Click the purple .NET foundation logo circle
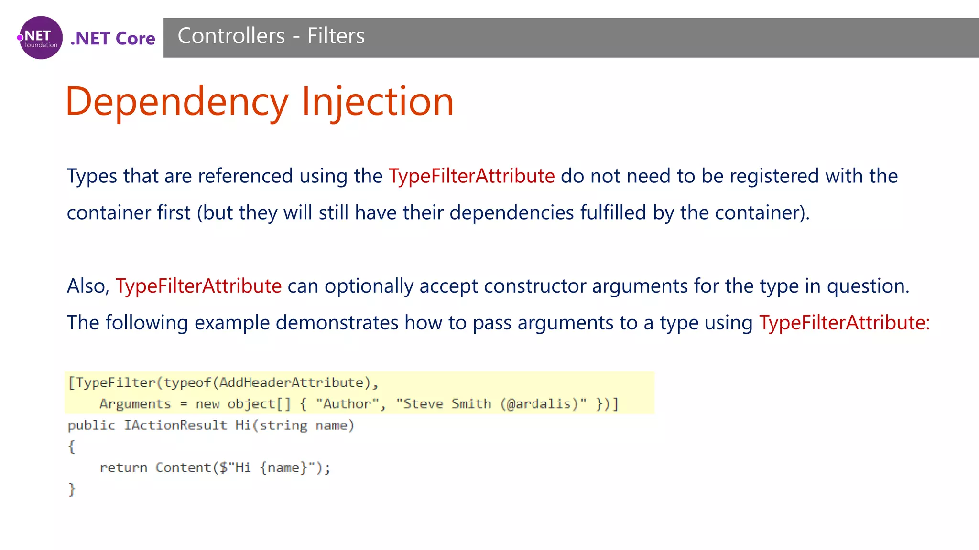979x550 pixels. click(41, 38)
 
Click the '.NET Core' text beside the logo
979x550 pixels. click(113, 38)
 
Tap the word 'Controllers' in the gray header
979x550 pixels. click(231, 36)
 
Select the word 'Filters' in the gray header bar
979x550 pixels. click(336, 36)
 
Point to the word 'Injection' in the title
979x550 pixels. click(377, 102)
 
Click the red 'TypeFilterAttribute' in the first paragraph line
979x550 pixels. click(471, 176)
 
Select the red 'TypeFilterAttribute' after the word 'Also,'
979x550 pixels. click(198, 286)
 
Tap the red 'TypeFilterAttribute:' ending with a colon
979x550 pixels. click(844, 323)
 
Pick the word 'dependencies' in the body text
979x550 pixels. click(511, 212)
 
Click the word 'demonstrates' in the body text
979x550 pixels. click(337, 323)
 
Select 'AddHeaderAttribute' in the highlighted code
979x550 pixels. click(292, 382)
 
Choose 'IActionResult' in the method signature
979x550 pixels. click(175, 425)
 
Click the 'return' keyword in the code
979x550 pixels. click(123, 468)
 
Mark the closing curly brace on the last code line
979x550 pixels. click(72, 489)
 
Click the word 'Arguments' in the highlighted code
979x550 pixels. click(135, 404)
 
